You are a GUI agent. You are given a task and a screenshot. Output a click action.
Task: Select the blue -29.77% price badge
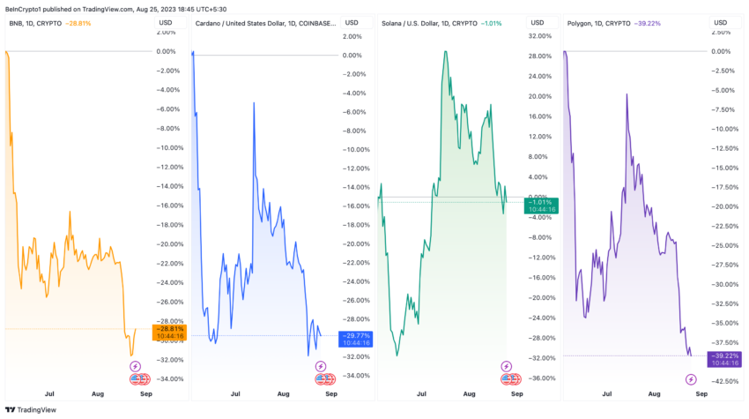(355, 338)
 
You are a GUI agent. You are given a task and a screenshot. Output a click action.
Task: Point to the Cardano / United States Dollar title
(264, 22)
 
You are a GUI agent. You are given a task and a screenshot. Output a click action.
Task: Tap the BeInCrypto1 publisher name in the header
(25, 7)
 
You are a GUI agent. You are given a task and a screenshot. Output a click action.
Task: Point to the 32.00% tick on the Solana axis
(538, 36)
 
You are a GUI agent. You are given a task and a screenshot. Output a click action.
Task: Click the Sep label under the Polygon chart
(701, 396)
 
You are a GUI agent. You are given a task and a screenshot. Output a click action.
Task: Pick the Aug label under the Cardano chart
(283, 396)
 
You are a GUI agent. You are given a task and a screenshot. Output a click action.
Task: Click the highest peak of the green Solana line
(446, 51)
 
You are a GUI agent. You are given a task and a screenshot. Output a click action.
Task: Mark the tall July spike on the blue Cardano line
(254, 103)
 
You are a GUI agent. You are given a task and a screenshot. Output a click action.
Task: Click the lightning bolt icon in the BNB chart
(135, 366)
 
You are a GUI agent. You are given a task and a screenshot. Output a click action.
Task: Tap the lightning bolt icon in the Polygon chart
(690, 379)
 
